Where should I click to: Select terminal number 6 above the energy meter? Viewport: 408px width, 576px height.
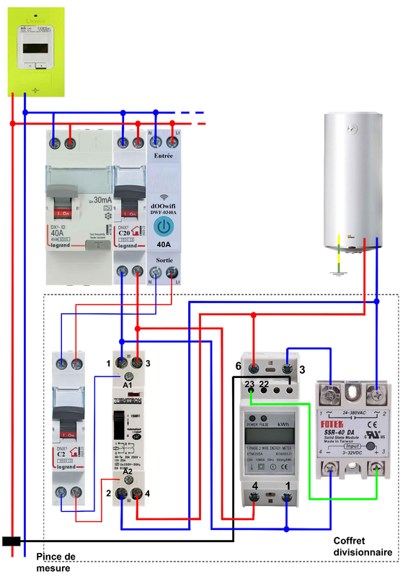click(x=238, y=365)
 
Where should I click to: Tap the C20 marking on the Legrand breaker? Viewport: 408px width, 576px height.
click(x=124, y=233)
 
